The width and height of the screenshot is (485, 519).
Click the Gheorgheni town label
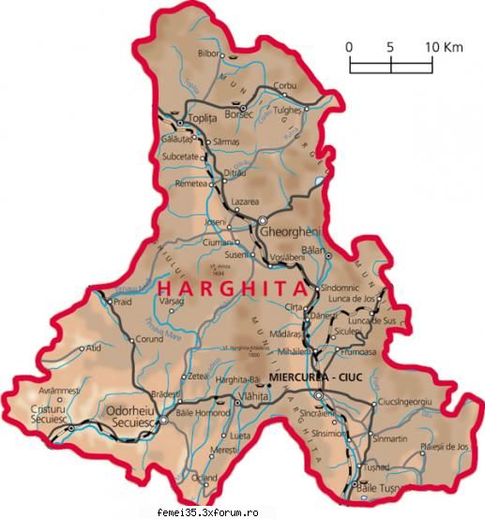click(x=294, y=232)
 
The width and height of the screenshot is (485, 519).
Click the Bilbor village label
click(x=208, y=53)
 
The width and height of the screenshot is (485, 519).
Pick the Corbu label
click(x=284, y=86)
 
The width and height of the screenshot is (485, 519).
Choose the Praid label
click(x=122, y=303)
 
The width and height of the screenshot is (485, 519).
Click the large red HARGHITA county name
click(x=231, y=289)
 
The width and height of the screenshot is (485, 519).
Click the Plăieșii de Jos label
click(x=445, y=446)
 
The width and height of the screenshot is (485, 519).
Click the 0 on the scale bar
click(x=348, y=46)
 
